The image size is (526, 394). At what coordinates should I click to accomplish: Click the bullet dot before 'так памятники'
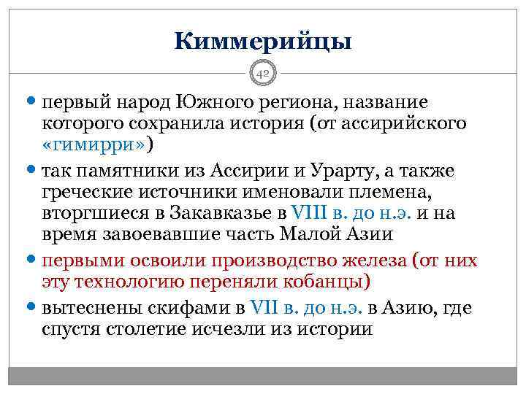(33, 172)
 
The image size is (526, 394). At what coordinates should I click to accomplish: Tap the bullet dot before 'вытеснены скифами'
(33, 309)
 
